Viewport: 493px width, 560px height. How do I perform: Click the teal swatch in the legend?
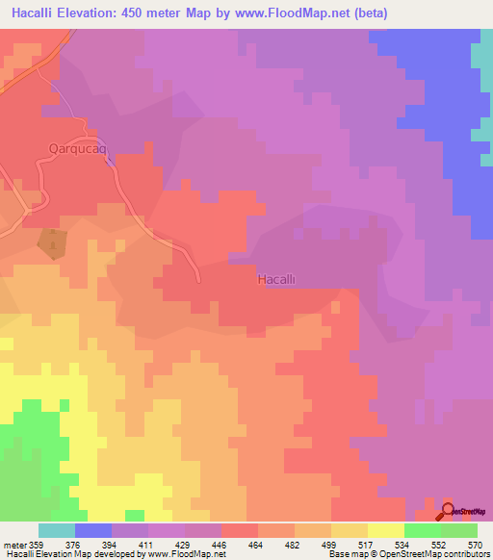click(x=57, y=530)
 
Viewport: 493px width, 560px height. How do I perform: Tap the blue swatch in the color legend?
click(x=93, y=530)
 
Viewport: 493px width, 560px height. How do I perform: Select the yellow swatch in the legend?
click(x=386, y=530)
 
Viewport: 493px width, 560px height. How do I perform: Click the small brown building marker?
click(x=48, y=242)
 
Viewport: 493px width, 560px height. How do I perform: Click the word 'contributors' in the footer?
click(x=466, y=554)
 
